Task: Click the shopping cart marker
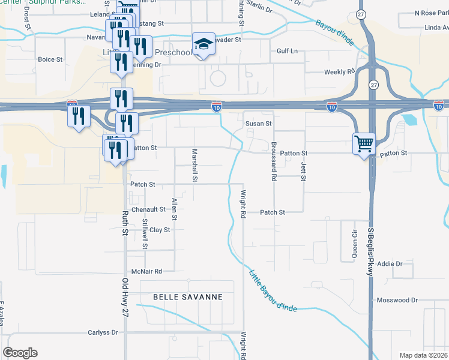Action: pyautogui.click(x=364, y=145)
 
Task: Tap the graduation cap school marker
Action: pyautogui.click(x=203, y=44)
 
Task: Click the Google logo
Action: pyautogui.click(x=20, y=353)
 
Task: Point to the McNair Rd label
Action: pyautogui.click(x=146, y=271)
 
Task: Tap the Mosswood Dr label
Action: pyautogui.click(x=396, y=300)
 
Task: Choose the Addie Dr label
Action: pyautogui.click(x=406, y=263)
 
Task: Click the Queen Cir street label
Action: pyautogui.click(x=354, y=244)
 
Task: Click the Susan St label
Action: pyautogui.click(x=259, y=124)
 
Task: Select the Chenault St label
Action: pyautogui.click(x=148, y=209)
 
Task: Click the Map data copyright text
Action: pyautogui.click(x=424, y=355)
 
